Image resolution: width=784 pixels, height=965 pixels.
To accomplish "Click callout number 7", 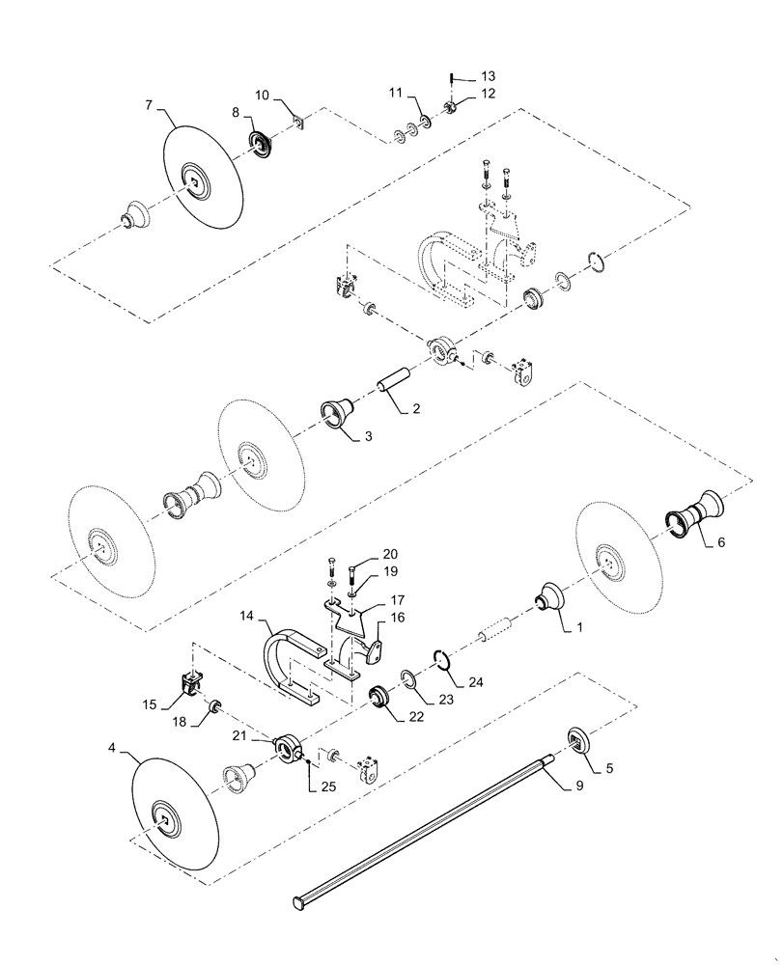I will [148, 104].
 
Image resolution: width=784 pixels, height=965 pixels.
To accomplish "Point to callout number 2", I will [415, 409].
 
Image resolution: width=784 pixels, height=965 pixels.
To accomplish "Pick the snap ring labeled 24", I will [442, 661].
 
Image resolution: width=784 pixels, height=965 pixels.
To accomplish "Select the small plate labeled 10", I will [298, 123].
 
